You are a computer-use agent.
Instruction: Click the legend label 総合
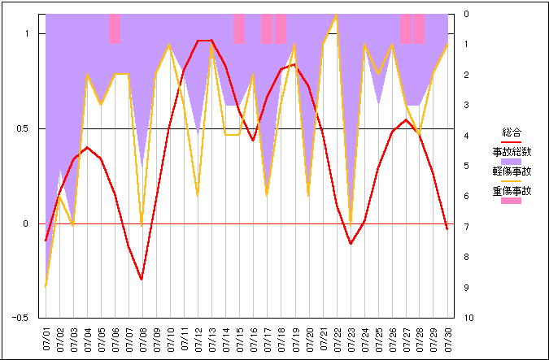click(512, 132)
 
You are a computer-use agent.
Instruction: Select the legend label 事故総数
click(512, 151)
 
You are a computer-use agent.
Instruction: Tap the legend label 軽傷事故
click(512, 171)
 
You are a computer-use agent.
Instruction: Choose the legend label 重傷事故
click(512, 192)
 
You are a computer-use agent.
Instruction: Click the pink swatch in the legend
click(512, 201)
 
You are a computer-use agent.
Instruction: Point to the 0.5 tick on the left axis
click(28, 128)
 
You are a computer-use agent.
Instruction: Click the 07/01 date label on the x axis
click(46, 338)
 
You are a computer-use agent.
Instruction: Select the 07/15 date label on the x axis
click(240, 338)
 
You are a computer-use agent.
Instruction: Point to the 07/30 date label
click(447, 338)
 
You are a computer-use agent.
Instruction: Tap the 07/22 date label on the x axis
click(337, 338)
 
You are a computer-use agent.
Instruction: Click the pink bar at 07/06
click(115, 28)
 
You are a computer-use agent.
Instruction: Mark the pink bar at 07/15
click(240, 28)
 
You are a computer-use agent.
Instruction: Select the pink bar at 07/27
click(406, 28)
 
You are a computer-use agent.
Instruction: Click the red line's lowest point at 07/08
click(142, 279)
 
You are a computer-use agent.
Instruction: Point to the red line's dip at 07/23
click(351, 243)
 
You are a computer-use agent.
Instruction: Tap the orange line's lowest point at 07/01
click(46, 286)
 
